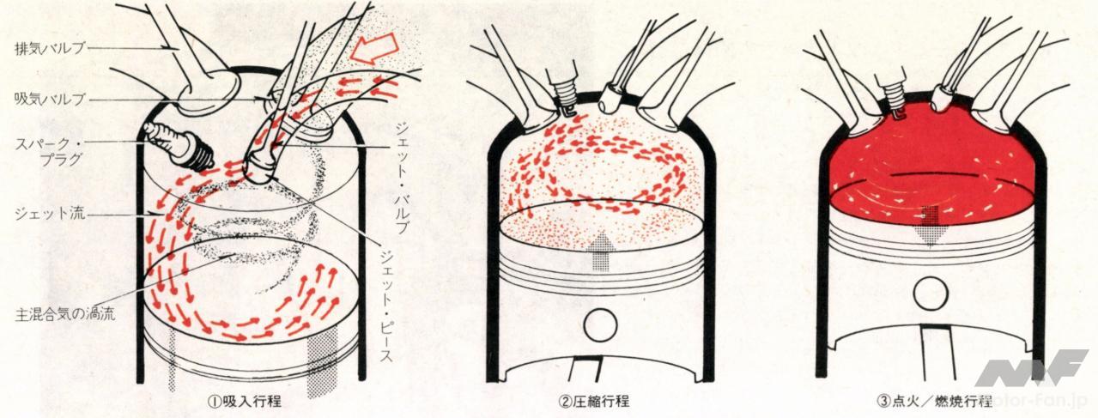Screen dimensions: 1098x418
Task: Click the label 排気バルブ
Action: (x=50, y=48)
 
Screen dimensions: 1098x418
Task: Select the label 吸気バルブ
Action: (x=50, y=100)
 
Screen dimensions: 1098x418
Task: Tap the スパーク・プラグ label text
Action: (x=48, y=151)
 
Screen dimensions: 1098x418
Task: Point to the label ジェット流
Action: (x=50, y=214)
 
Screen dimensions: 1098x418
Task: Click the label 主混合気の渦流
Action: (x=65, y=314)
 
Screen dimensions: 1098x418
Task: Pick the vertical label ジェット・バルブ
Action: (x=401, y=178)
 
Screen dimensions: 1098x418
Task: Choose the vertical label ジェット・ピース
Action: (x=385, y=307)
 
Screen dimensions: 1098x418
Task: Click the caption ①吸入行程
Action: (x=244, y=402)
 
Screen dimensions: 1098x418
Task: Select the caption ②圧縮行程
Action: (x=593, y=402)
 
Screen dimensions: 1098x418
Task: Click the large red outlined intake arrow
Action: (x=377, y=49)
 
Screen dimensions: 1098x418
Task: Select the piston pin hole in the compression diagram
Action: (x=600, y=325)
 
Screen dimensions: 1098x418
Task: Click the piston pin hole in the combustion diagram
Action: (x=931, y=293)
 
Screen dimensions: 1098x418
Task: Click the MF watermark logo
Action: (x=1030, y=367)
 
